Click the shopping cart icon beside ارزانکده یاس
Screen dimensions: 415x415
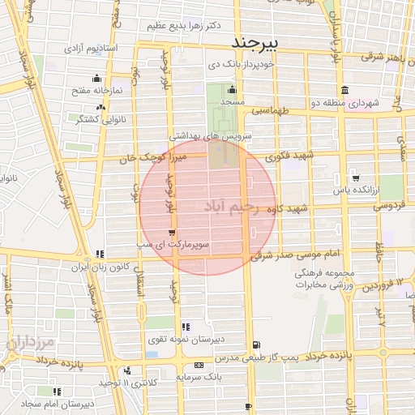[355, 178]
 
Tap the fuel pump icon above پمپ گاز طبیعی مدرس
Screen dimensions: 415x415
[257, 344]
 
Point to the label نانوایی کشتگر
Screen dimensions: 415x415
[98, 119]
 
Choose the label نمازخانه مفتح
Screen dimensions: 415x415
[98, 91]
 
